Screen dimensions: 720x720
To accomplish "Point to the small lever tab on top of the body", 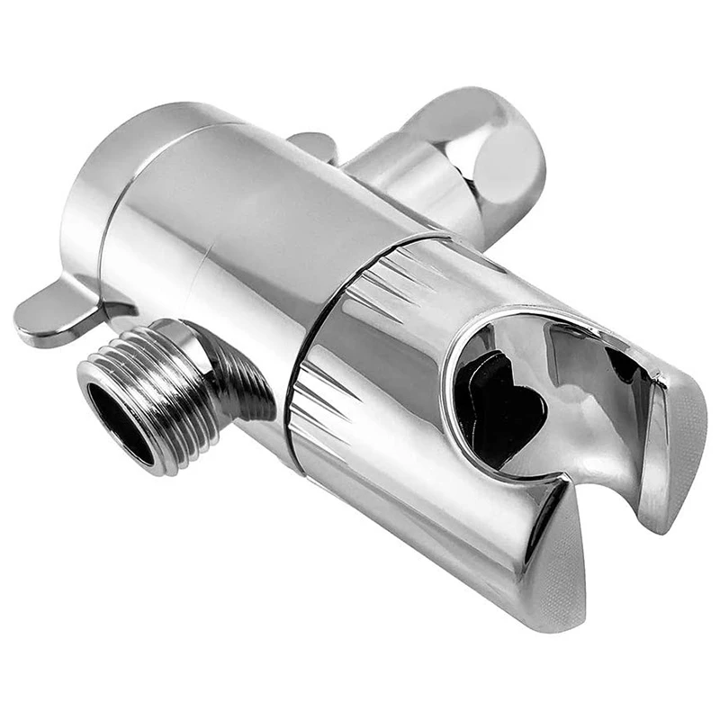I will (314, 145).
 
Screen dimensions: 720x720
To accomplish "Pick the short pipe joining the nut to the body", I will (405, 180).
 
